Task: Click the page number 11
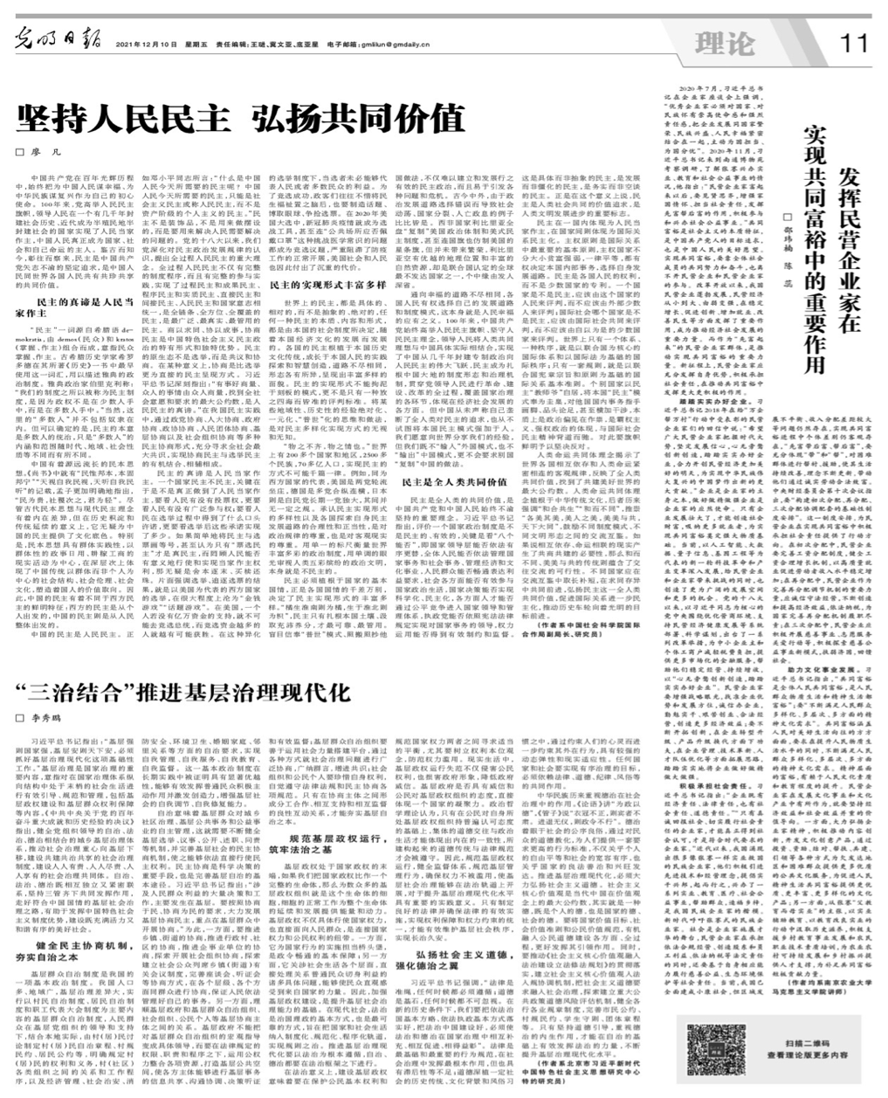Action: pyautogui.click(x=854, y=41)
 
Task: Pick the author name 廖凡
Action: pyautogui.click(x=36, y=152)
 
